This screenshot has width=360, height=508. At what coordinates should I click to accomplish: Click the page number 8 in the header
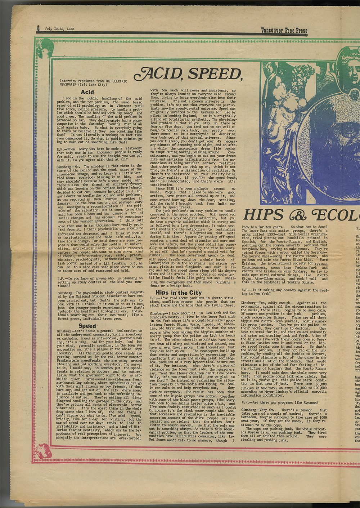click(x=38, y=28)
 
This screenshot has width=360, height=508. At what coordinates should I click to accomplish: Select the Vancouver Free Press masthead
click(x=284, y=31)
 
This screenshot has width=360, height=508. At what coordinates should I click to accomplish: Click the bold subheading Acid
click(x=87, y=92)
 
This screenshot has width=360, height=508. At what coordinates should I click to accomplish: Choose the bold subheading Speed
click(x=87, y=326)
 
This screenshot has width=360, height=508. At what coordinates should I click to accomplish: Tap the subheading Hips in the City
click(x=178, y=293)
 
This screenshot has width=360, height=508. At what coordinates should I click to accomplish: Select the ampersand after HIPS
click(x=297, y=215)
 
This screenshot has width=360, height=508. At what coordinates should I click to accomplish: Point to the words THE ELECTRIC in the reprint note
click(x=113, y=81)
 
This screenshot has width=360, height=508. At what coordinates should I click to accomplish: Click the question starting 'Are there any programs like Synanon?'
click(x=279, y=402)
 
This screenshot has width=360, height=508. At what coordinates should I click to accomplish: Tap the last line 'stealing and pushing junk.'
click(x=264, y=440)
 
